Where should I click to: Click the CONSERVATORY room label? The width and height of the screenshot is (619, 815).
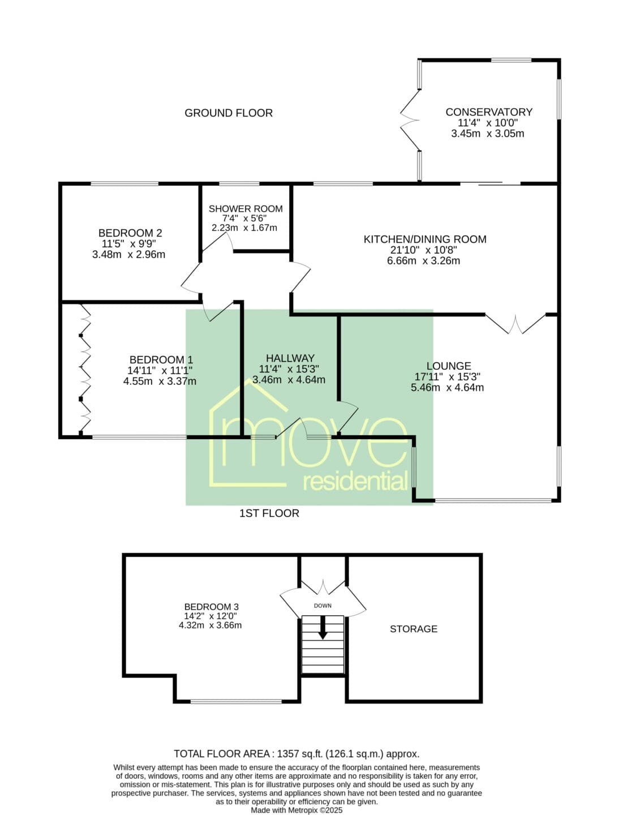click(489, 111)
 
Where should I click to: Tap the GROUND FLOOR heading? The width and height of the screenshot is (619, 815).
click(228, 113)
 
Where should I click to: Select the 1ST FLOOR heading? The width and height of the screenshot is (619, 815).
click(269, 513)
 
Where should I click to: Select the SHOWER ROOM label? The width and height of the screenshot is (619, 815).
click(246, 209)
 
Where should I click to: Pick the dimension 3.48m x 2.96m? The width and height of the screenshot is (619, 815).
click(129, 255)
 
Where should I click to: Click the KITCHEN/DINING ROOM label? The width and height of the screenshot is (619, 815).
click(425, 239)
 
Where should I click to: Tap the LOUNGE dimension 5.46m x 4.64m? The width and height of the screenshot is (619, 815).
click(447, 388)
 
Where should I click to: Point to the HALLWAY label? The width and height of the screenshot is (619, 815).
click(290, 358)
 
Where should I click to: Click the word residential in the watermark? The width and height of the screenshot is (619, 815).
click(355, 482)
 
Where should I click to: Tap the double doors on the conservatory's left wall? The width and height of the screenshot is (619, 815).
click(410, 121)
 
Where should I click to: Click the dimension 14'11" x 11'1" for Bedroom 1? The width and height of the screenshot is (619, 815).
click(160, 370)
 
